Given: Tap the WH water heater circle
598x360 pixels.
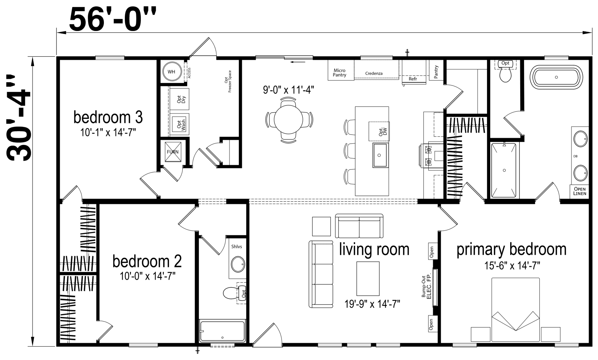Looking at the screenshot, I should (172, 72).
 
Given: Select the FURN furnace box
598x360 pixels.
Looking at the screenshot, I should (173, 152).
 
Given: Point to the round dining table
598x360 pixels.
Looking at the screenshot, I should (289, 120).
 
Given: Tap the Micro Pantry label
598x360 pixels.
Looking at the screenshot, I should (339, 72).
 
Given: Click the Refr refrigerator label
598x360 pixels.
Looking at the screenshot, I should (413, 79).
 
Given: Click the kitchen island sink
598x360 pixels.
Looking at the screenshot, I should (380, 155).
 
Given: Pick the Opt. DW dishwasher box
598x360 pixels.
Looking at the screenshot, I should (379, 131).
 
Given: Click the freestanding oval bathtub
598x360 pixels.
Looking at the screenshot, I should (557, 78).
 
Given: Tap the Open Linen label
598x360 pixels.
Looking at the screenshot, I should (580, 191).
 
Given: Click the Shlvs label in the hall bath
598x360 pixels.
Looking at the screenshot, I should (237, 246).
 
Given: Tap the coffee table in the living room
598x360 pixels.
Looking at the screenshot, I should (368, 279).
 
